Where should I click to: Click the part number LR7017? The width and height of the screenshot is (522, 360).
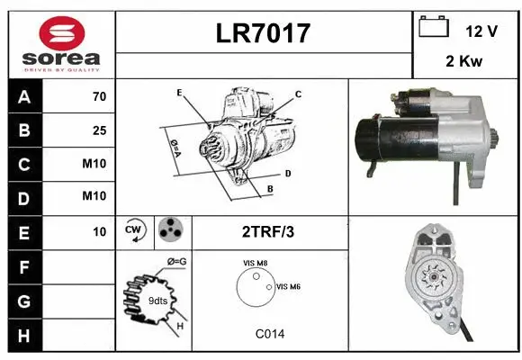[264, 33]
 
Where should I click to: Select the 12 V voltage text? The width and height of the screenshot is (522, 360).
[481, 31]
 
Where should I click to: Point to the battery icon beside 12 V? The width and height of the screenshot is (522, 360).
[433, 28]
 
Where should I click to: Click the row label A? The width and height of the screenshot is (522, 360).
[23, 96]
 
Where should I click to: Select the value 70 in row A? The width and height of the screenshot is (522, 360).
[99, 96]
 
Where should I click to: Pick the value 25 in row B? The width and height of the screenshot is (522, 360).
[99, 130]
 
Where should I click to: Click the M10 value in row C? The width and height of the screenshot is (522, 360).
[94, 164]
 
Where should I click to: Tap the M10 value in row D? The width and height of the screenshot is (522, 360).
[94, 196]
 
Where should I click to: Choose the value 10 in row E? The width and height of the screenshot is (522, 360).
[99, 231]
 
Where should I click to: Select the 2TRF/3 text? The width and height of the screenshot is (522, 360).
[268, 231]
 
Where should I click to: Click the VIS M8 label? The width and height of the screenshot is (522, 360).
[255, 263]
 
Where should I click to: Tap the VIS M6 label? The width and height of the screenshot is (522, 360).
[288, 286]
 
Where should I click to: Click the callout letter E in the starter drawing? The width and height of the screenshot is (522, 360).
[179, 93]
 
